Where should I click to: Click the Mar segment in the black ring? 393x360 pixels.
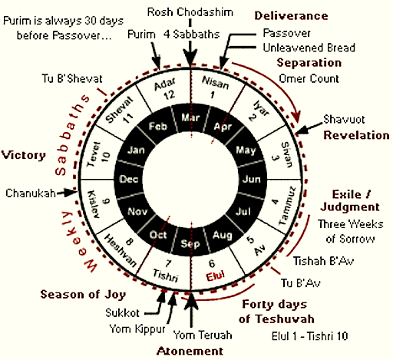190,118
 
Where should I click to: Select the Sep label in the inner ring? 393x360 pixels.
190,244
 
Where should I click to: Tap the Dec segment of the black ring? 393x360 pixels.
129,179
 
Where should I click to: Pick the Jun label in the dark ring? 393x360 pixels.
252,179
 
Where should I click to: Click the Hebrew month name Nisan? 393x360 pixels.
216,82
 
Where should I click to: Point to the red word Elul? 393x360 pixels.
216,276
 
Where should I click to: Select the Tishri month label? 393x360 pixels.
166,276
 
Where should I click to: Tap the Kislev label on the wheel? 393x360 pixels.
94,204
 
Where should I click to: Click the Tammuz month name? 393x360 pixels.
287,206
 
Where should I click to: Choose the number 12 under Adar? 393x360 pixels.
170,95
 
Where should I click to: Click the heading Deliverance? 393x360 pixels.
291,16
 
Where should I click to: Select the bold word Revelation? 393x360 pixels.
356,135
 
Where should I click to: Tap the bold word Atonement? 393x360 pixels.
190,351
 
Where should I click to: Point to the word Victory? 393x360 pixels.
24,155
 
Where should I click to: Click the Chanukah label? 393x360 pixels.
31,193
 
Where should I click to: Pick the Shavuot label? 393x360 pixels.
344,119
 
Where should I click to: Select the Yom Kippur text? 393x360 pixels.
137,329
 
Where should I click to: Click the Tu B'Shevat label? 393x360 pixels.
72,78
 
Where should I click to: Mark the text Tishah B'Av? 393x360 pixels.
323,261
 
